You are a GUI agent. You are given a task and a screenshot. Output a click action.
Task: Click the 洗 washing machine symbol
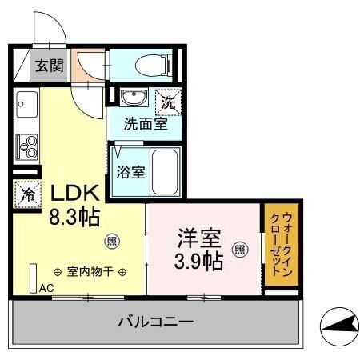click(168, 101)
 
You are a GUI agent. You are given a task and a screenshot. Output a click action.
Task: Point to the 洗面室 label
click(145, 125)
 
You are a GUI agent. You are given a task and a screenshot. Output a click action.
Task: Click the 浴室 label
click(130, 170)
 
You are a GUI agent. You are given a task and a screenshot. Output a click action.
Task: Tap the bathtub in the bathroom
click(166, 170)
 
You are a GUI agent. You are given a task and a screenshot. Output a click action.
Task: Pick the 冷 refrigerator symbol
click(26, 193)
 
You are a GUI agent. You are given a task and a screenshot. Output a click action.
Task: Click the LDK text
click(75, 193)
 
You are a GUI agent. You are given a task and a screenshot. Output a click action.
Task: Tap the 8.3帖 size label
click(75, 216)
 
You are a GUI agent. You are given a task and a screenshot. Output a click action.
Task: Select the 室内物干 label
click(89, 271)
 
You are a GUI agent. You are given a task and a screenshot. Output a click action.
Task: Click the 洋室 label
click(199, 238)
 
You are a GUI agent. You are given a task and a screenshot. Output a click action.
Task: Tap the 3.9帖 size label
click(199, 260)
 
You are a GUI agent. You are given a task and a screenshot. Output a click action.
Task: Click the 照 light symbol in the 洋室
click(239, 249)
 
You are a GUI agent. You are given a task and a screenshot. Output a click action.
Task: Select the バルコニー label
click(156, 322)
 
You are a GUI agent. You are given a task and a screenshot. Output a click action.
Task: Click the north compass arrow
click(338, 326)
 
